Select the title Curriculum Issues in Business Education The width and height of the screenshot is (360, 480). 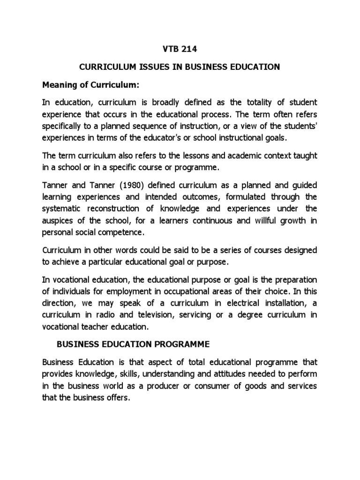coord(180,67)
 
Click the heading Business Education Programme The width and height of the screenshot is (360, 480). coord(132,344)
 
